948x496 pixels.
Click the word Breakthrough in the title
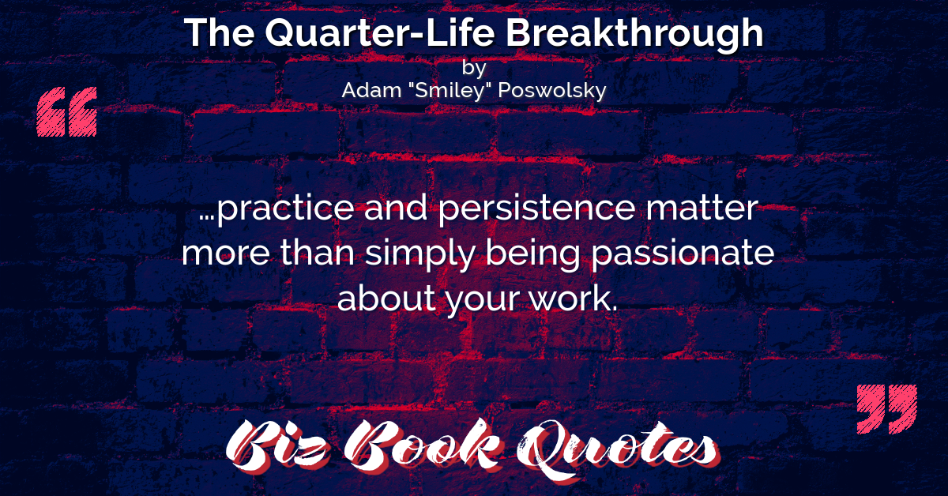635,34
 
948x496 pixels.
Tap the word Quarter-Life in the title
380,33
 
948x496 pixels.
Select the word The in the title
220,32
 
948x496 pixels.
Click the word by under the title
474,68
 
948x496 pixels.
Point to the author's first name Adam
371,90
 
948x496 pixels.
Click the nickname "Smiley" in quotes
449,91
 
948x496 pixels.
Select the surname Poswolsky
552,91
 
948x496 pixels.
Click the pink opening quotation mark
67,111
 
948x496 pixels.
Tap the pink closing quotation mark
886,409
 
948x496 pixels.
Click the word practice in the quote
285,208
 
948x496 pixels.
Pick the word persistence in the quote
536,208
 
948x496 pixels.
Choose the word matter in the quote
702,208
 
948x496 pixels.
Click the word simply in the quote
419,253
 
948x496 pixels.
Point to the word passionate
683,253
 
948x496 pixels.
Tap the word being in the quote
532,253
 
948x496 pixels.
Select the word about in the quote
386,298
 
